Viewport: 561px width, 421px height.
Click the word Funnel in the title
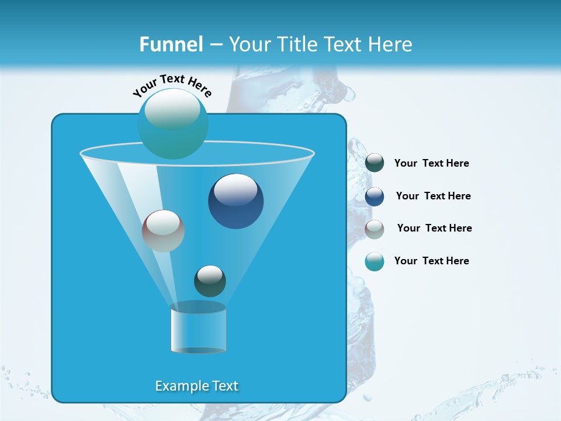point(171,44)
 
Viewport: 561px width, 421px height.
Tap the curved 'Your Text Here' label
point(172,86)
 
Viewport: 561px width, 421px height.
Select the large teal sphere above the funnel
point(172,123)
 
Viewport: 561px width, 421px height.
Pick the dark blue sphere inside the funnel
point(236,201)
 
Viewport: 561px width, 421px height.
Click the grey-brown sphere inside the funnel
point(163,231)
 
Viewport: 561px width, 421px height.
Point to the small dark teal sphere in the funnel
point(210,281)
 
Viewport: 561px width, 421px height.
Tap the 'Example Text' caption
point(196,386)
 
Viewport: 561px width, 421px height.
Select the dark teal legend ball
point(375,163)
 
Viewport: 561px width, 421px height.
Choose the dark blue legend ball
point(375,196)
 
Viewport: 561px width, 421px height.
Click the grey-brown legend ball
point(375,229)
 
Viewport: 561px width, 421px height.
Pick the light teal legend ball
point(375,261)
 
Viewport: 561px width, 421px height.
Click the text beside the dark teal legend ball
point(431,164)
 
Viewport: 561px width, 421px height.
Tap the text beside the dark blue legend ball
point(433,196)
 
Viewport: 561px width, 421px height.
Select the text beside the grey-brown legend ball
point(434,229)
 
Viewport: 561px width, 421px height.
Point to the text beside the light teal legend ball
point(431,261)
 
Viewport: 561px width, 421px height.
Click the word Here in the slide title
point(392,44)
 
